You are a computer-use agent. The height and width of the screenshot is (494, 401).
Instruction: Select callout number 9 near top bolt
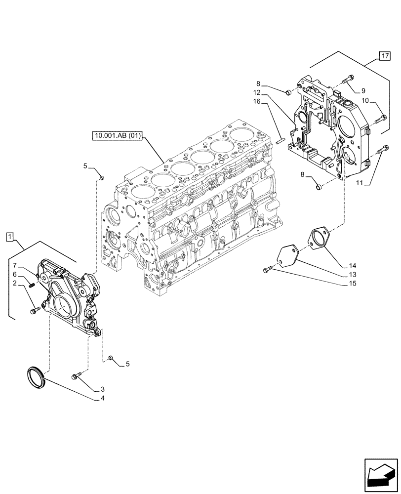click(363, 90)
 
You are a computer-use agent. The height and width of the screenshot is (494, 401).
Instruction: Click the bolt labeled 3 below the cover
click(77, 377)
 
